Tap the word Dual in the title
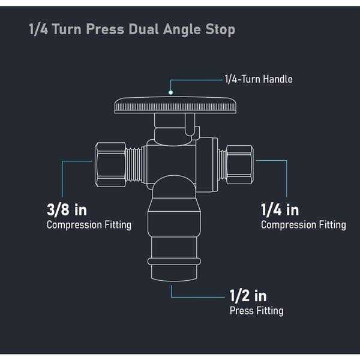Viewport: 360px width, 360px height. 148,29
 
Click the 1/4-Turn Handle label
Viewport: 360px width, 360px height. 259,79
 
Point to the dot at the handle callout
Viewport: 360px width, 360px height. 171,92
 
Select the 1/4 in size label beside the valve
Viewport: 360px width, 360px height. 280,209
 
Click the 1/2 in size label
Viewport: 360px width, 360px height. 248,296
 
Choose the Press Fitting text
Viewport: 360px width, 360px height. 256,311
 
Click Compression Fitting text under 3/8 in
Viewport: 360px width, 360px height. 89,225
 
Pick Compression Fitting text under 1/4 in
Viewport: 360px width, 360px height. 303,225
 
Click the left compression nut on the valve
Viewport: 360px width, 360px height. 111,163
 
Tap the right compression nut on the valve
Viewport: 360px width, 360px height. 239,163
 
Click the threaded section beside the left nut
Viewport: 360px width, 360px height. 136,163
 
